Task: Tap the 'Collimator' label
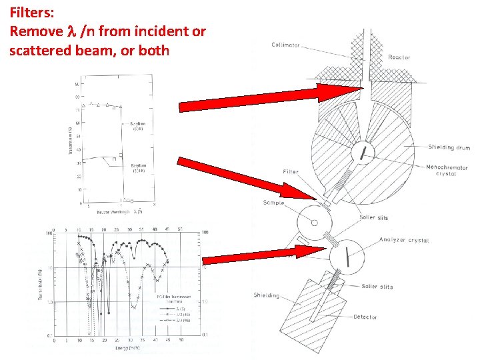(x=286, y=45)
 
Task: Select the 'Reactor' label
(x=400, y=57)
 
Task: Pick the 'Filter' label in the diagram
(x=291, y=171)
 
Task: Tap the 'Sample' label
(x=273, y=203)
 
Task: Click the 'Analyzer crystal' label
(x=403, y=240)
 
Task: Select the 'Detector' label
(x=365, y=317)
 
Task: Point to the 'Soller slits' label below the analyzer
(x=377, y=287)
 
